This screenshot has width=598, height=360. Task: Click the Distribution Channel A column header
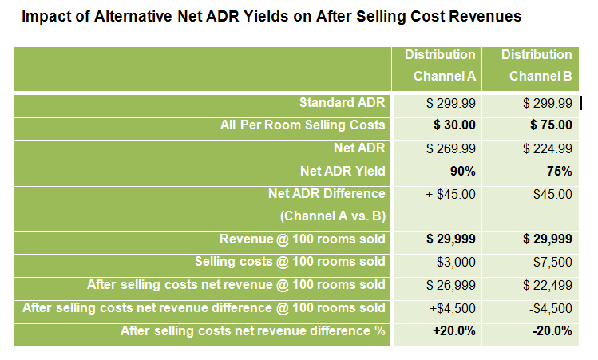tap(440, 66)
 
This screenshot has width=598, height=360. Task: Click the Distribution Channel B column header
tap(537, 66)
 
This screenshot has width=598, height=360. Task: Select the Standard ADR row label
tap(342, 102)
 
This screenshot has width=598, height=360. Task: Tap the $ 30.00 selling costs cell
tap(454, 125)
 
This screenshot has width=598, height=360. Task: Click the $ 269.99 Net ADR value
tap(451, 148)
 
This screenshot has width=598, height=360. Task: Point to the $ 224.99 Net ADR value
tap(547, 148)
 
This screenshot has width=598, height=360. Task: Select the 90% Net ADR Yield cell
tap(461, 171)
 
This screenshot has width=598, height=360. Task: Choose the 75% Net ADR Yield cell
tap(559, 171)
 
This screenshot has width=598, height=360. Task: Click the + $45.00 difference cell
tap(451, 194)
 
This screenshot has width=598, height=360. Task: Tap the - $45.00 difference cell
tap(548, 194)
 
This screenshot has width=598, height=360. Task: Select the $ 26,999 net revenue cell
tap(451, 286)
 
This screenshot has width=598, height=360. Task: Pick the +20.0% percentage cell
tap(455, 331)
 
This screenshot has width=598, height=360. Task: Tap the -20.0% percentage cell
tap(552, 331)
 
